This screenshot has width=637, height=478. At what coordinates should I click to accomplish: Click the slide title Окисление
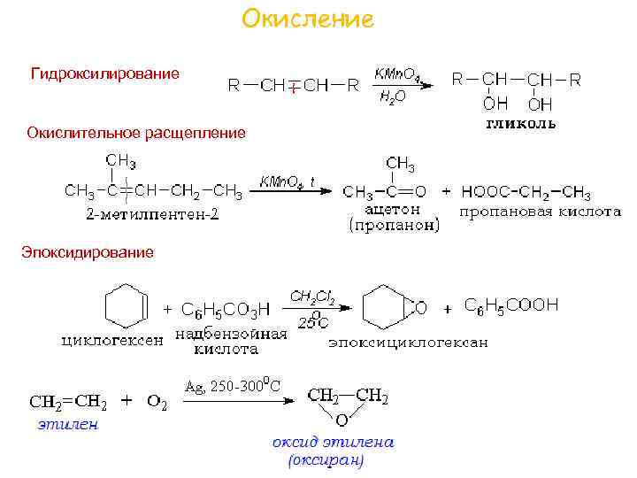[308, 19]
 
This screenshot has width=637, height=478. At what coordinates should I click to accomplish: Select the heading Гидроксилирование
[105, 73]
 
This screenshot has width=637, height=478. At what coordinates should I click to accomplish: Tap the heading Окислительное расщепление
[136, 133]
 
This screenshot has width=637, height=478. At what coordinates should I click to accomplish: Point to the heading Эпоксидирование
[88, 252]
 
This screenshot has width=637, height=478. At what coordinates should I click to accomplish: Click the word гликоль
[521, 123]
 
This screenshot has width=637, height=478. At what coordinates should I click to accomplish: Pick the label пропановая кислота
[540, 212]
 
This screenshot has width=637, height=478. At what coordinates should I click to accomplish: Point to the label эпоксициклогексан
[408, 342]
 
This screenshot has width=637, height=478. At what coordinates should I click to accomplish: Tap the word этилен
[67, 424]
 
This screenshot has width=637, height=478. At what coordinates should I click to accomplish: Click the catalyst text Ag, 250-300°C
[234, 386]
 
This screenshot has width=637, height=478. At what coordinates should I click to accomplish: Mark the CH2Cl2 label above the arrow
[312, 297]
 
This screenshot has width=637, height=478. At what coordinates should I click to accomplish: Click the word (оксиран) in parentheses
[326, 460]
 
